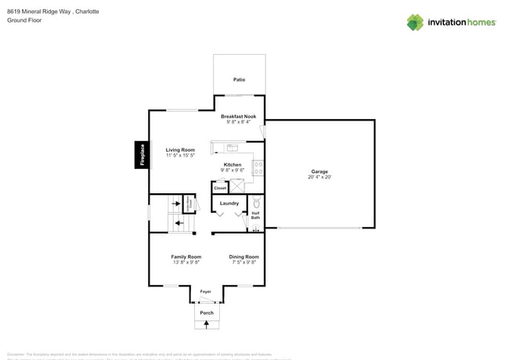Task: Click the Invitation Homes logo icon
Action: pyautogui.click(x=415, y=22)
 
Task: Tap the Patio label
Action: pyautogui.click(x=239, y=80)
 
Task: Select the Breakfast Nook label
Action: pyautogui.click(x=238, y=117)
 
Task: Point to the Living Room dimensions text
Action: pyautogui.click(x=180, y=156)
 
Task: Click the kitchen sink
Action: pyautogui.click(x=232, y=147)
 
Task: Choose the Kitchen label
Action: pyautogui.click(x=233, y=164)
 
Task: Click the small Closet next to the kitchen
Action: pyautogui.click(x=220, y=188)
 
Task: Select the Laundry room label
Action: pyautogui.click(x=229, y=203)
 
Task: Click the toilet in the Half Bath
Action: pyautogui.click(x=256, y=203)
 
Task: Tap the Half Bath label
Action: pyautogui.click(x=256, y=215)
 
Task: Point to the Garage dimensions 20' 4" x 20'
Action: pyautogui.click(x=319, y=178)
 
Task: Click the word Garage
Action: pyautogui.click(x=319, y=171)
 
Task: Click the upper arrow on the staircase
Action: pyautogui.click(x=177, y=204)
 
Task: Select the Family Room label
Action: pyautogui.click(x=186, y=257)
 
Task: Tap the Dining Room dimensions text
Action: pyautogui.click(x=244, y=262)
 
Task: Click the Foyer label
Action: pyautogui.click(x=206, y=292)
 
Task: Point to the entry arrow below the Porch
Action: pyautogui.click(x=207, y=324)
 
